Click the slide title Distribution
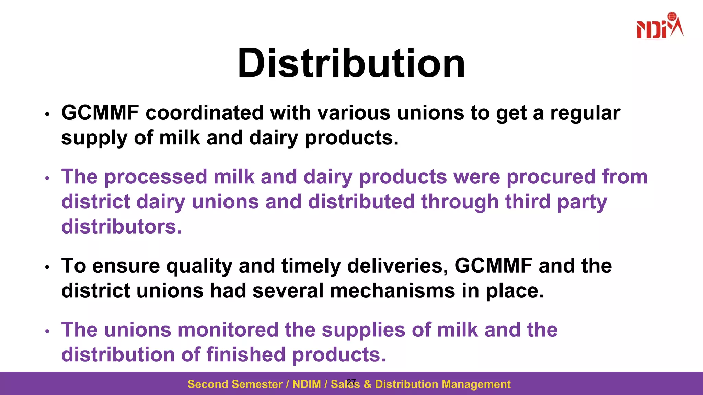351,64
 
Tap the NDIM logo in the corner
659,27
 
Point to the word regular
585,113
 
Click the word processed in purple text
155,177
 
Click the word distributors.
122,227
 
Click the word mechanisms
392,291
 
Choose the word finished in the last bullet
246,355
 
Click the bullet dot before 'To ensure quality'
48,267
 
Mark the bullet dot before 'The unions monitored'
48,331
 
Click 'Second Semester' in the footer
235,384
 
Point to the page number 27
351,382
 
